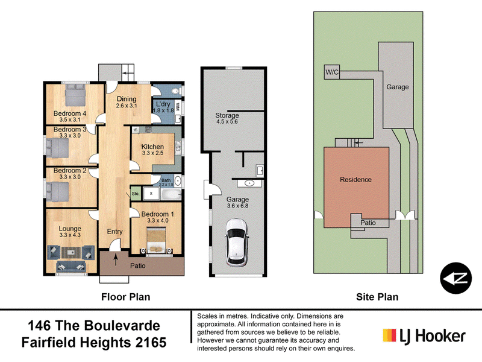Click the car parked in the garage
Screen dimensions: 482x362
click(x=237, y=243)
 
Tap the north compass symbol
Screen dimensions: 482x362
click(x=455, y=278)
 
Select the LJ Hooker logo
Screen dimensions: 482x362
click(x=424, y=335)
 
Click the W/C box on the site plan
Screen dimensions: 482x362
click(x=332, y=72)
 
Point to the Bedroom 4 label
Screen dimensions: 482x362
click(x=70, y=113)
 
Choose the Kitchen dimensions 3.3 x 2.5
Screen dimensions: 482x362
click(x=152, y=153)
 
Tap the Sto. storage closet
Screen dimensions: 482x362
click(x=136, y=194)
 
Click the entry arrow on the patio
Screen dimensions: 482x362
click(x=116, y=259)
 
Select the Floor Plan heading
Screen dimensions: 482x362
click(x=126, y=297)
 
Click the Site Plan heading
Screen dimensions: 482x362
click(x=377, y=297)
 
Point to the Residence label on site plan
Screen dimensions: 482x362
click(x=355, y=179)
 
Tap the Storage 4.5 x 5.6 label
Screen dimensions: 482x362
click(x=227, y=118)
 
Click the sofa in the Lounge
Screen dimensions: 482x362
click(x=70, y=266)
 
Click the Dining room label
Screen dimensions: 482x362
click(x=127, y=99)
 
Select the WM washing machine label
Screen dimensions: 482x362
click(x=177, y=107)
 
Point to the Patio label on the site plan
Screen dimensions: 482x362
click(x=368, y=223)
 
